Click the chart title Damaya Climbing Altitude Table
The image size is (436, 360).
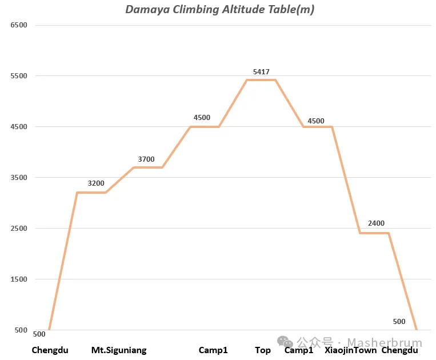tap(219, 10)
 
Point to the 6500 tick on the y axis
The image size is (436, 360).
tap(19, 25)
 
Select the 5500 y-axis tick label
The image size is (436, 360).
tap(19, 76)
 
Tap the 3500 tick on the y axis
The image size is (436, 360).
tap(19, 177)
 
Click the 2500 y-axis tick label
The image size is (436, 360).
tap(19, 228)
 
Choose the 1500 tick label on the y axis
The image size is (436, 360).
tap(19, 279)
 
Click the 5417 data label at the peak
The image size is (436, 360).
tap(261, 72)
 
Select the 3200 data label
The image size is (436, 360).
tap(96, 183)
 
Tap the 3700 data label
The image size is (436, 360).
tap(146, 159)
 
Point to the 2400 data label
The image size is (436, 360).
tap(376, 223)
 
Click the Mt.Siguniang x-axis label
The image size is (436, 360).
tap(119, 350)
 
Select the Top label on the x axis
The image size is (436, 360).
tap(263, 350)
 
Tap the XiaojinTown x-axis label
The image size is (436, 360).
tap(351, 350)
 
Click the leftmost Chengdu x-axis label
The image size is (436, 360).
tap(50, 350)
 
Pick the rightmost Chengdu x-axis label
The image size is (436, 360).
tap(399, 350)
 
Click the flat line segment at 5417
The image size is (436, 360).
tap(261, 80)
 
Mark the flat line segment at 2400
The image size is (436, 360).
tap(374, 233)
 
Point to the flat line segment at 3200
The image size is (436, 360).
tap(91, 193)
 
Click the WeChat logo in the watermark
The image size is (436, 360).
tap(285, 342)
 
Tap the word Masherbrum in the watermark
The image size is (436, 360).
tap(385, 342)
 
